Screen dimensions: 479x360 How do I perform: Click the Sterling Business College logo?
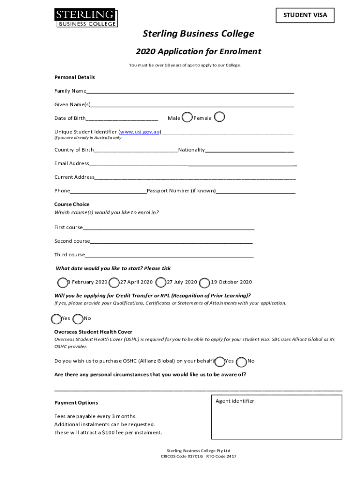[x=86, y=17]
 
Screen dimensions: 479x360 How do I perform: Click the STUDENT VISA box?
[x=305, y=15]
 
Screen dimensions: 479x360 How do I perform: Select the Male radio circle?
[x=187, y=117]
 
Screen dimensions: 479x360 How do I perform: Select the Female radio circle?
[x=219, y=117]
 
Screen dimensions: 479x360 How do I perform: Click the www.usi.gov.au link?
[x=140, y=132]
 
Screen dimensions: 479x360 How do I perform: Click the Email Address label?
[x=72, y=163]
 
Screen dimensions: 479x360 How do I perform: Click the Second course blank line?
[x=171, y=242]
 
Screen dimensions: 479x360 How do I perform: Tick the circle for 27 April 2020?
[x=114, y=282]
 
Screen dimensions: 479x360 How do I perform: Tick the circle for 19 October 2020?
[x=204, y=283]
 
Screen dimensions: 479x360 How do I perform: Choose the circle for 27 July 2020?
[x=161, y=282]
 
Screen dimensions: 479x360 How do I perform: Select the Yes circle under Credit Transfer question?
[x=56, y=319]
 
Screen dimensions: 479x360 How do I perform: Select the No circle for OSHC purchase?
[x=242, y=362]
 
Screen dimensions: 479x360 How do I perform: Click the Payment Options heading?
[x=76, y=403]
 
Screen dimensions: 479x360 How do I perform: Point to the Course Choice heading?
[x=72, y=204]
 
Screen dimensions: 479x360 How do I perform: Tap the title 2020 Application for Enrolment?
[x=198, y=51]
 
